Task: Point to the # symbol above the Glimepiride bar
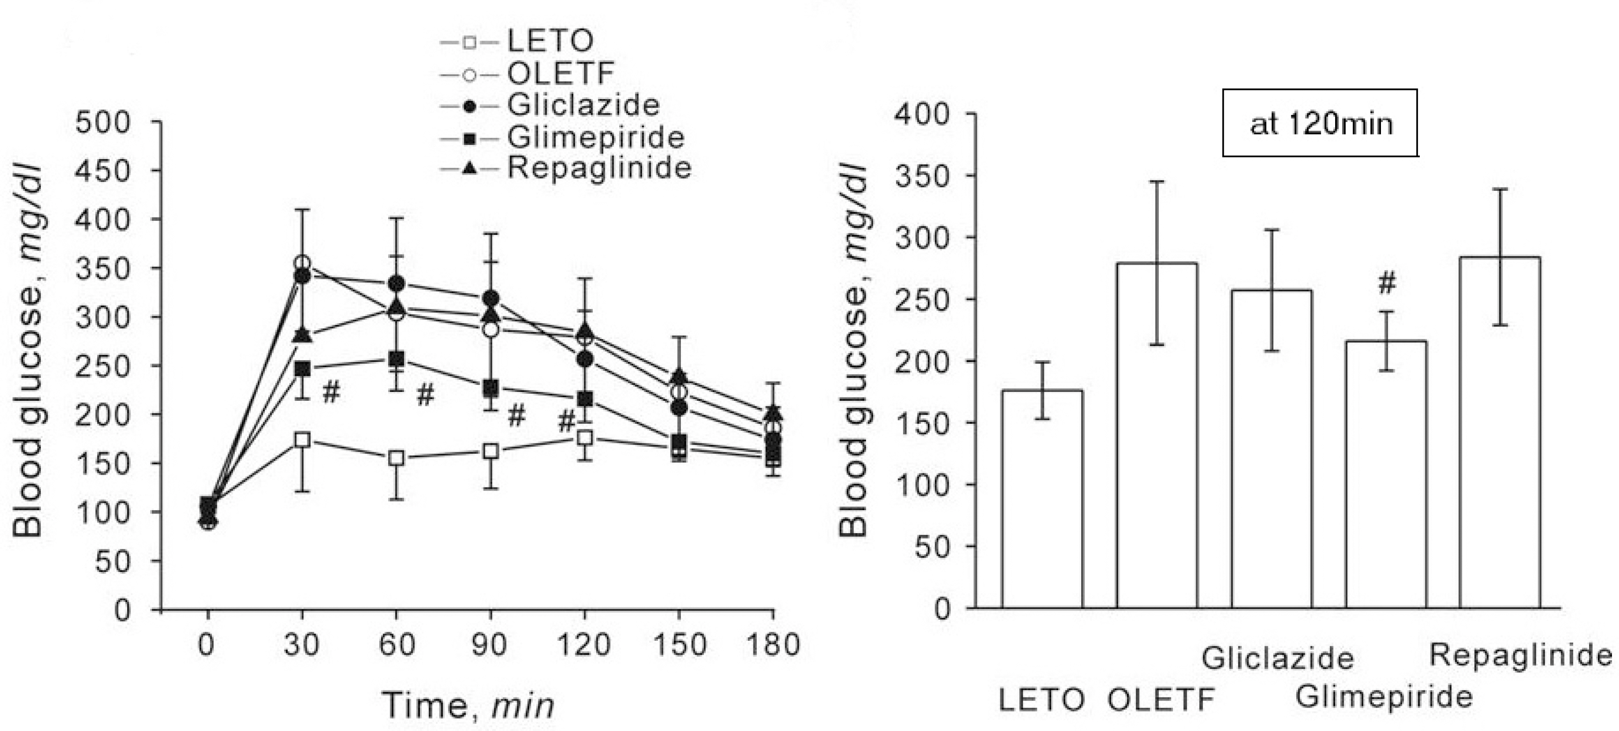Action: tap(1387, 283)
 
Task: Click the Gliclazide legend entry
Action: tap(583, 104)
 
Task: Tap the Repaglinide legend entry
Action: tap(599, 168)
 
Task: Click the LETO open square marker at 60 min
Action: tap(396, 458)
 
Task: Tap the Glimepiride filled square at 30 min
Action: tap(302, 369)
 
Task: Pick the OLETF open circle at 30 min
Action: tap(302, 263)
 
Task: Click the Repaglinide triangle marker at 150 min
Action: tap(678, 376)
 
